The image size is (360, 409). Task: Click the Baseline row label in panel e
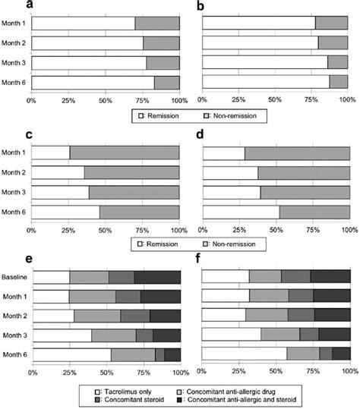click(x=13, y=277)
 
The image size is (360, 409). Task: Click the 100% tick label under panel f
click(x=347, y=372)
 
